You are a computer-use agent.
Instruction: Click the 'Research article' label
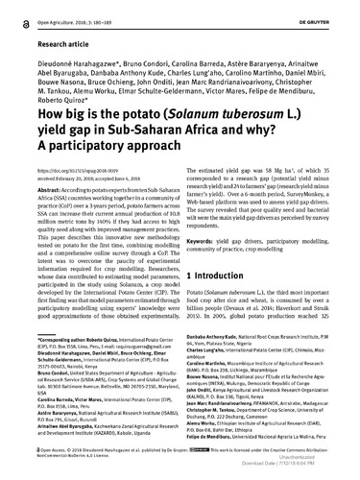coord(41,43)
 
